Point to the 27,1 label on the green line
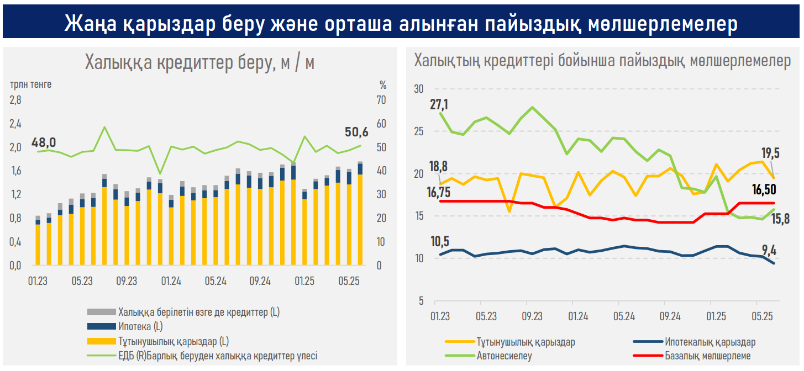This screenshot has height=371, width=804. coord(440,104)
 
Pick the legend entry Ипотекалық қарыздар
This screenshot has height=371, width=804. coord(710,342)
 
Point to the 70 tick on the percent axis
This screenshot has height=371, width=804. coord(381,100)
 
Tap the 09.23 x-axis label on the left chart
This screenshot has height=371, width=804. coord(127,281)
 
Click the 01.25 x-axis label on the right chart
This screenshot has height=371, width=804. coord(716,317)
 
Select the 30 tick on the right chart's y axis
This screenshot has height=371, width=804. coord(418,89)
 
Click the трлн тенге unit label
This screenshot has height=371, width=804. coord(30,85)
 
